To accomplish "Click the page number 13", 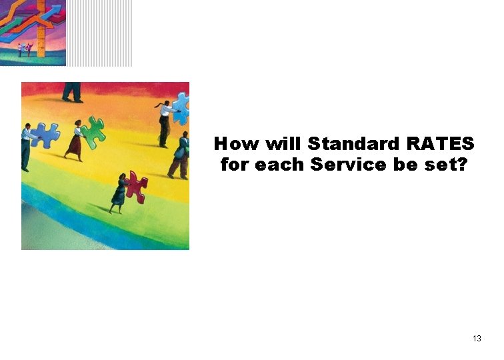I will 477,339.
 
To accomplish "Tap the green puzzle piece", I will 93,131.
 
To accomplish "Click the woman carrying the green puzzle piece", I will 75,140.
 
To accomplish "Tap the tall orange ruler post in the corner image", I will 41,30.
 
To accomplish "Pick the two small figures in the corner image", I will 25,49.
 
